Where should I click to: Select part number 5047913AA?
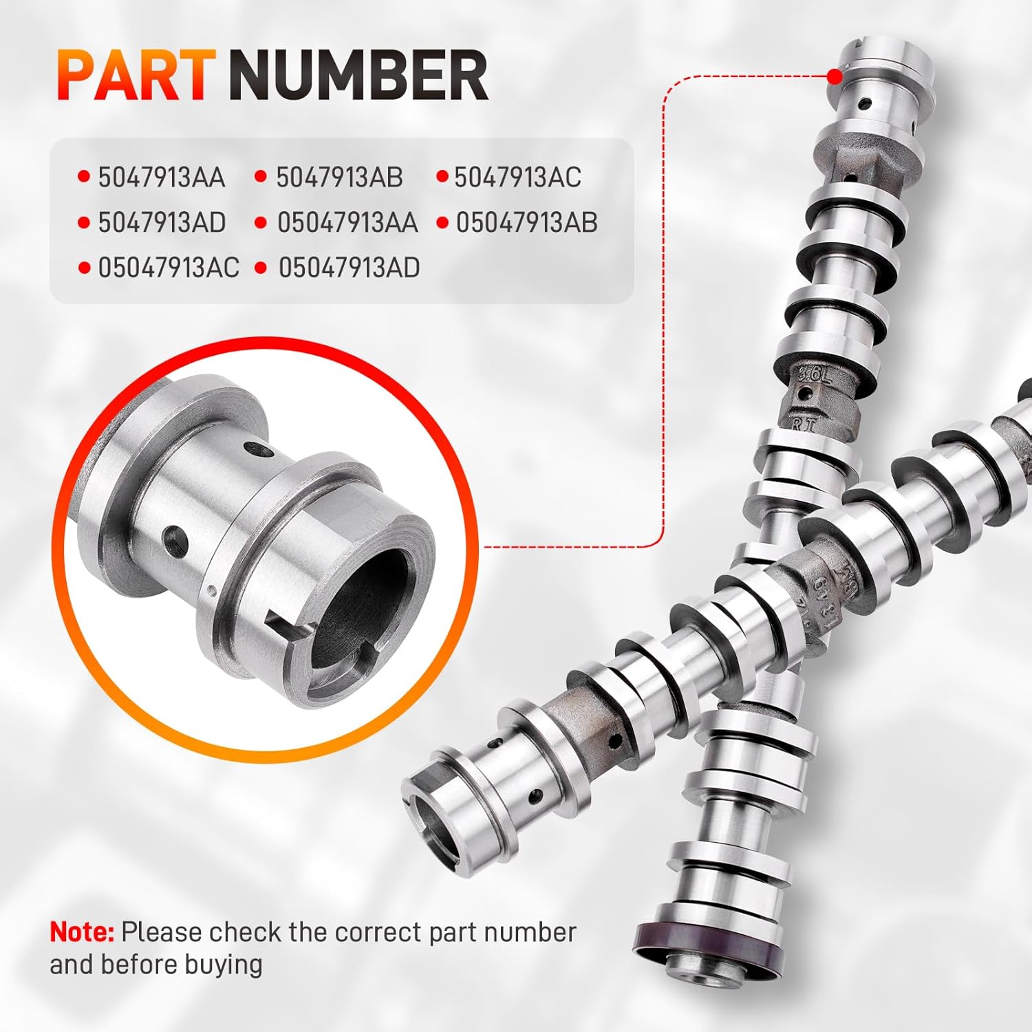(x=162, y=178)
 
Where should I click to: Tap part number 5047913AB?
(x=339, y=178)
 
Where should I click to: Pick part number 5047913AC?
(x=517, y=178)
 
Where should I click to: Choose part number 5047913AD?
(x=162, y=222)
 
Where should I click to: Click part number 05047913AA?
(x=347, y=222)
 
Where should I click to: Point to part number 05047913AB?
(x=526, y=222)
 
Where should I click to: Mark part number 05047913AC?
(x=169, y=268)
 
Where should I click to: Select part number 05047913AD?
(x=349, y=268)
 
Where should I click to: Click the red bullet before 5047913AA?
(x=84, y=178)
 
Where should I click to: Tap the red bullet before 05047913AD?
(x=260, y=268)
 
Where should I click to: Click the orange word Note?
(x=82, y=932)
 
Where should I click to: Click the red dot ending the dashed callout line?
(x=834, y=76)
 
